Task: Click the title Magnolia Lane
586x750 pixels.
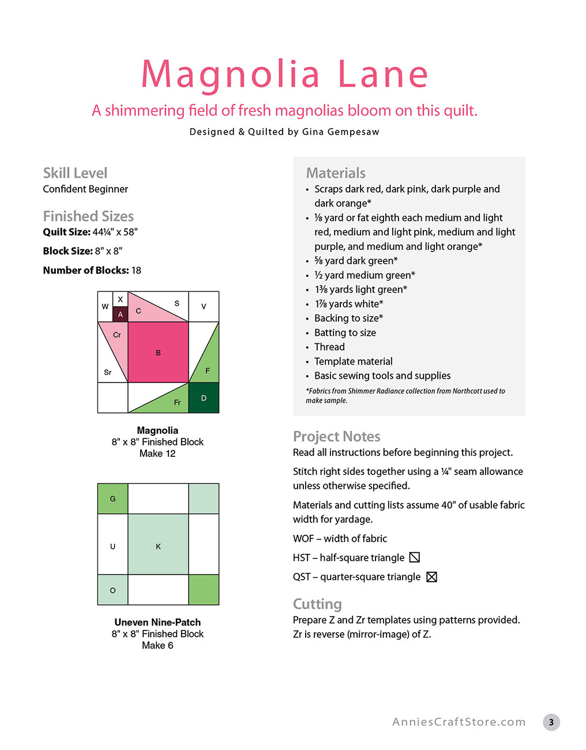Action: tap(285, 74)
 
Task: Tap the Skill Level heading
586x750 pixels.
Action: tap(75, 173)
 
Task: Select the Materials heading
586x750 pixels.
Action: tap(336, 173)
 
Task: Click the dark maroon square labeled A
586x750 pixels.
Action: tap(120, 314)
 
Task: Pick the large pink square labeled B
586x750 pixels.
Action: tap(158, 352)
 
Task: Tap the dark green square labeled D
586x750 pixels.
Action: tap(204, 398)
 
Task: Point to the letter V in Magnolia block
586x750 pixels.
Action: tap(204, 306)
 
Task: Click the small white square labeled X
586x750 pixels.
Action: tap(120, 299)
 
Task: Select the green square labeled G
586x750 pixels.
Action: tap(112, 498)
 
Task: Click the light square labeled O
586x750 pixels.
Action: tap(112, 590)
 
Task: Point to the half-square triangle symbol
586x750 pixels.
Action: tap(414, 557)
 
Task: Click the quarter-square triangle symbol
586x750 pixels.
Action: tap(431, 577)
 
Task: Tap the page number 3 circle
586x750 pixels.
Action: tap(551, 722)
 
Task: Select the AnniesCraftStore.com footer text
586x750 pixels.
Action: tap(459, 722)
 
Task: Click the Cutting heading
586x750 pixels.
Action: tap(317, 604)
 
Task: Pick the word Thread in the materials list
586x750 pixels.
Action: tap(329, 347)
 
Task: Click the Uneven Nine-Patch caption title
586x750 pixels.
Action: tap(157, 622)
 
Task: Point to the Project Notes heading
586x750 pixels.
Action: tap(336, 437)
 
